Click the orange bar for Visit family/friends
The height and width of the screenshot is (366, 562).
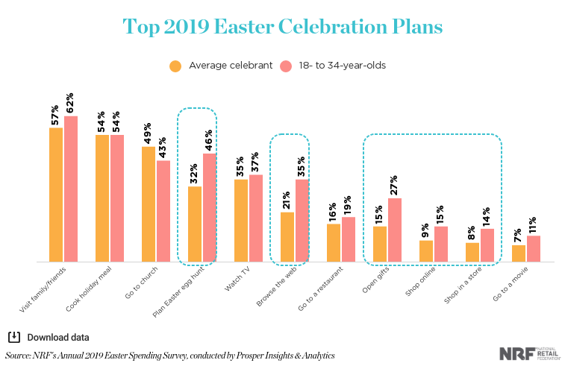[x=56, y=195]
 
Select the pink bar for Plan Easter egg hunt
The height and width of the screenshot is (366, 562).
[x=209, y=208]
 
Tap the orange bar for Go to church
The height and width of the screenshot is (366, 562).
[x=149, y=204]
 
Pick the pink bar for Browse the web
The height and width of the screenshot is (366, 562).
[x=302, y=221]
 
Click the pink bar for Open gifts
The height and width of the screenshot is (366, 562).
[x=394, y=230]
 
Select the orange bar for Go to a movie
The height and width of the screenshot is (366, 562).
[x=519, y=253]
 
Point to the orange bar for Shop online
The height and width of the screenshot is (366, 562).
[x=426, y=251]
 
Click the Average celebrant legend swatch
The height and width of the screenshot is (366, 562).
[x=175, y=66]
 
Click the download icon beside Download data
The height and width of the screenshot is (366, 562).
[x=13, y=335]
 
